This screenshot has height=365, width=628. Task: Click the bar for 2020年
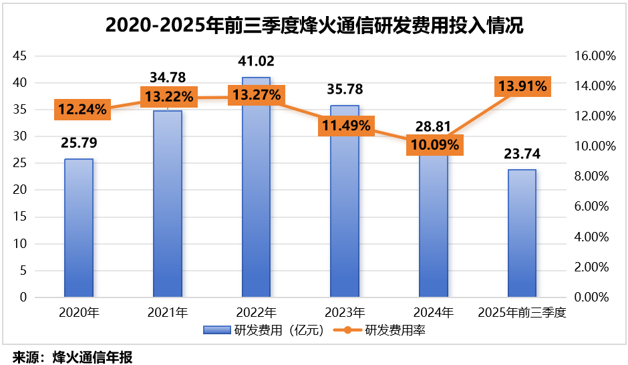(79, 227)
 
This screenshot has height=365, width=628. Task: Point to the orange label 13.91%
(522, 86)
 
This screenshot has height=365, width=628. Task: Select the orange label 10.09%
(433, 144)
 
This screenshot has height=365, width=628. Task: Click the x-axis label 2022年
(256, 312)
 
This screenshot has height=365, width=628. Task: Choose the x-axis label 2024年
(433, 312)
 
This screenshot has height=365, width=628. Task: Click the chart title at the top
(314, 25)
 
